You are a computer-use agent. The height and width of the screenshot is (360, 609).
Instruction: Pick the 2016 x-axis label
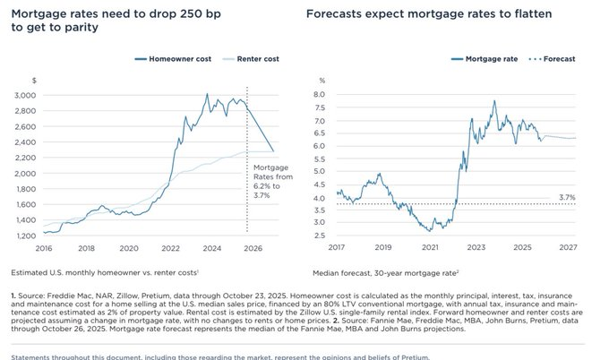coord(44,247)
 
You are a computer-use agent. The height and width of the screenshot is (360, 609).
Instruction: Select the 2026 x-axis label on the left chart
coord(253,247)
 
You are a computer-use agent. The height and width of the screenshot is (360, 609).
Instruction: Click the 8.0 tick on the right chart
coord(318,93)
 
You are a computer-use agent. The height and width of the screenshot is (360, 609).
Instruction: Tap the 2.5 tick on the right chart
coord(318,236)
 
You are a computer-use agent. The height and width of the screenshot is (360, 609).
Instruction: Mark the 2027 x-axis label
coord(566,247)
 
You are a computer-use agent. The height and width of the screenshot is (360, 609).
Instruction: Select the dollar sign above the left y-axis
coord(32,80)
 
